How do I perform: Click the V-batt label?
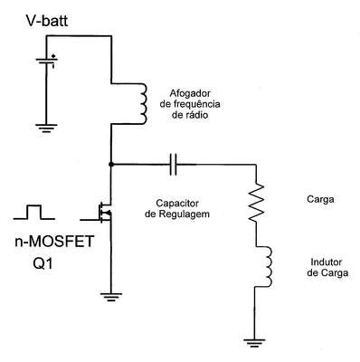tap(47, 21)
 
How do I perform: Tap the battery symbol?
tap(47, 61)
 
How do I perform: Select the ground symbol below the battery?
tap(46, 128)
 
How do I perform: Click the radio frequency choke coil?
tap(143, 103)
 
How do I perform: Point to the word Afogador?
tap(190, 93)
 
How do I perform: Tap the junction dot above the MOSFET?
tap(111, 164)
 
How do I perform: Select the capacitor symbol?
tap(173, 165)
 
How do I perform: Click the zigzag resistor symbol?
tap(256, 203)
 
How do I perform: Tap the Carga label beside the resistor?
tap(320, 199)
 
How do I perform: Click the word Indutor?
tap(327, 262)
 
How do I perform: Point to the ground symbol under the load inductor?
tap(254, 343)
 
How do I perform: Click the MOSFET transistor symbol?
tap(105, 213)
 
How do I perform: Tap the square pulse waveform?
tap(33, 212)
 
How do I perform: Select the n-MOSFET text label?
tap(54, 242)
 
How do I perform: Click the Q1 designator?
tap(43, 264)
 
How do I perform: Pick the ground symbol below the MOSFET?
tap(111, 297)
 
